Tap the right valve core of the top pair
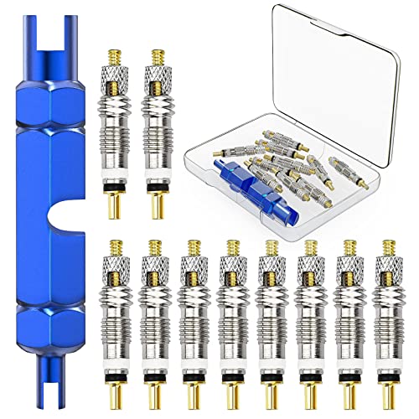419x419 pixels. coord(157,134)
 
